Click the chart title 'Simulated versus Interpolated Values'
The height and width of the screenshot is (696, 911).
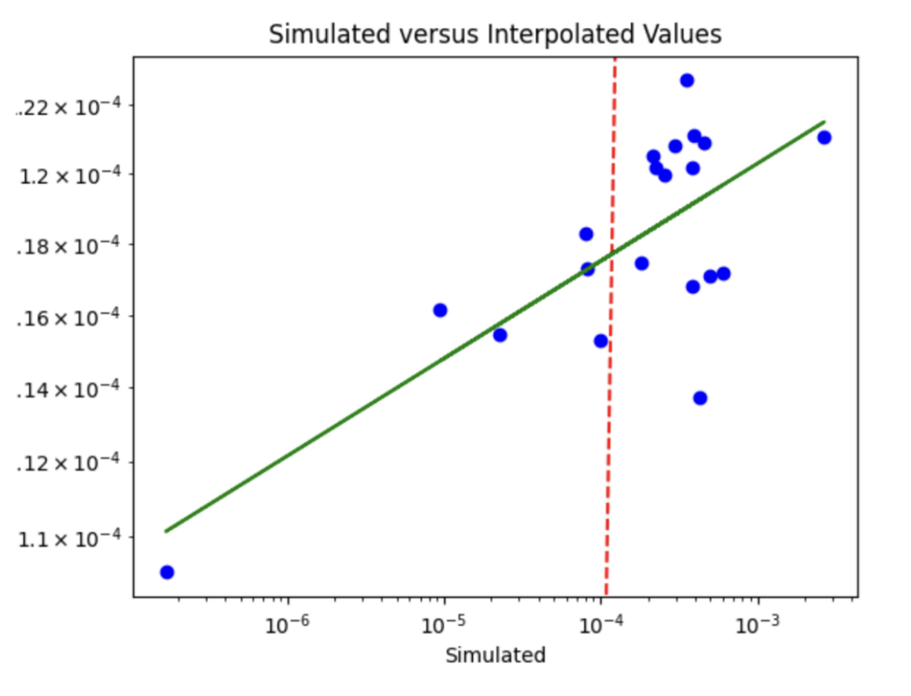click(x=495, y=35)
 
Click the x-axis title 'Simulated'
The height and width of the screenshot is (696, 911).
click(x=495, y=655)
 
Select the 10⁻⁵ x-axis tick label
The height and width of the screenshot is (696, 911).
click(x=445, y=625)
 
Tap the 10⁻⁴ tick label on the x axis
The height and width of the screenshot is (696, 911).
click(x=601, y=625)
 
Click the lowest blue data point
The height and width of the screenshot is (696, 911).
click(x=167, y=572)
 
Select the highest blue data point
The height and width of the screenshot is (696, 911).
click(x=687, y=80)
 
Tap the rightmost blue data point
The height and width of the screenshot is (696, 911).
click(x=824, y=138)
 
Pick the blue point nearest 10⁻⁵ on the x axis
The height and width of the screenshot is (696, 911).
click(x=440, y=310)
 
